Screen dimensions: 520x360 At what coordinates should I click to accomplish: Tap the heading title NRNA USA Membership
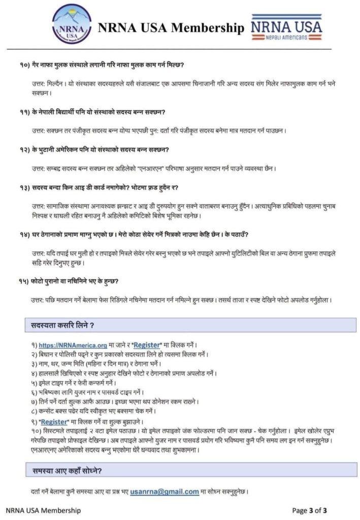[171, 28]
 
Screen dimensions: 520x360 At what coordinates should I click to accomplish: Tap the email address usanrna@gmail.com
[164, 492]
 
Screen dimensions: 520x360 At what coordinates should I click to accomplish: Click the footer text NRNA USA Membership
[43, 510]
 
